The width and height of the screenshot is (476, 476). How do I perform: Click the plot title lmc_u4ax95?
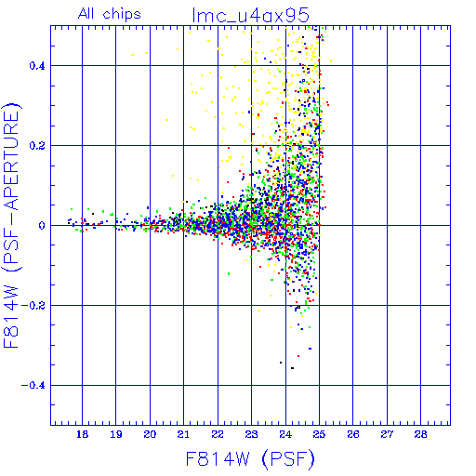251,16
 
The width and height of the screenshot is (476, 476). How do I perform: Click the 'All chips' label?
110,14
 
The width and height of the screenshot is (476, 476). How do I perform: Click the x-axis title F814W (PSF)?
250,459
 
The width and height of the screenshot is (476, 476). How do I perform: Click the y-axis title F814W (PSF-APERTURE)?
11,225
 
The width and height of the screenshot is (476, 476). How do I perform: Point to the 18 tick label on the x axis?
82,434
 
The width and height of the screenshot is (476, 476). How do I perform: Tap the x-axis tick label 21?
183,434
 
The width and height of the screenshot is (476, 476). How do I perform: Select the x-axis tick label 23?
251,434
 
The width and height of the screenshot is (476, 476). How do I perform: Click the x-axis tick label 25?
319,434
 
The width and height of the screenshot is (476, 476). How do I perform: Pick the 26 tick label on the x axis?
353,434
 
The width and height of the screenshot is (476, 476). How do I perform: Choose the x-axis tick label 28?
420,434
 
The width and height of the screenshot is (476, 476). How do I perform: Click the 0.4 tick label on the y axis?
37,66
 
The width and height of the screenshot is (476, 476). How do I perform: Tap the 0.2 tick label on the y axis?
37,146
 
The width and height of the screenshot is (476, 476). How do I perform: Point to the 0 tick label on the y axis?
42,226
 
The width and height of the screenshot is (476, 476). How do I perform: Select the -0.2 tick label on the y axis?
33,306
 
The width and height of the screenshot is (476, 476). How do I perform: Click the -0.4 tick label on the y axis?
33,386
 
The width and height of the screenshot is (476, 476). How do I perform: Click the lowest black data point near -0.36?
292,368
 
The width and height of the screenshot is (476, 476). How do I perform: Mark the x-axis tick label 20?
150,434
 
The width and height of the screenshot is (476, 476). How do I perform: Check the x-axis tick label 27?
387,434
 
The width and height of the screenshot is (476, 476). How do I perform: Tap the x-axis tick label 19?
116,434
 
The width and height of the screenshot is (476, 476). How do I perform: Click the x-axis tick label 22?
218,434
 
